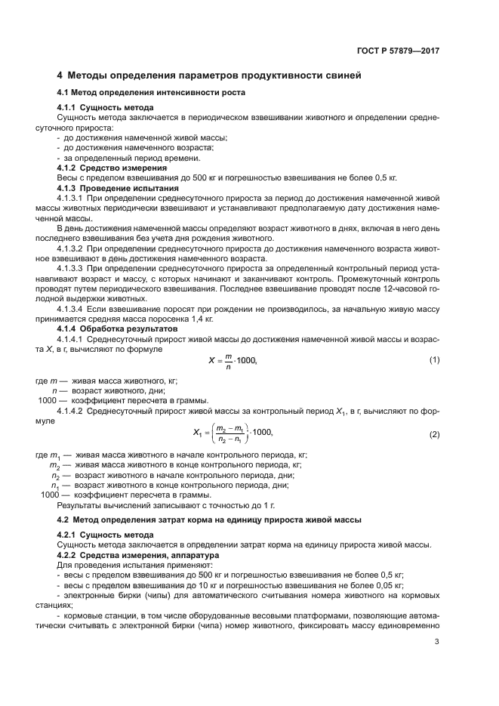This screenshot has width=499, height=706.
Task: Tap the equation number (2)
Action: pyautogui.click(x=434, y=435)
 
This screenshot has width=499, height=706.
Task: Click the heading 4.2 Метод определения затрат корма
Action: pyautogui.click(x=209, y=520)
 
